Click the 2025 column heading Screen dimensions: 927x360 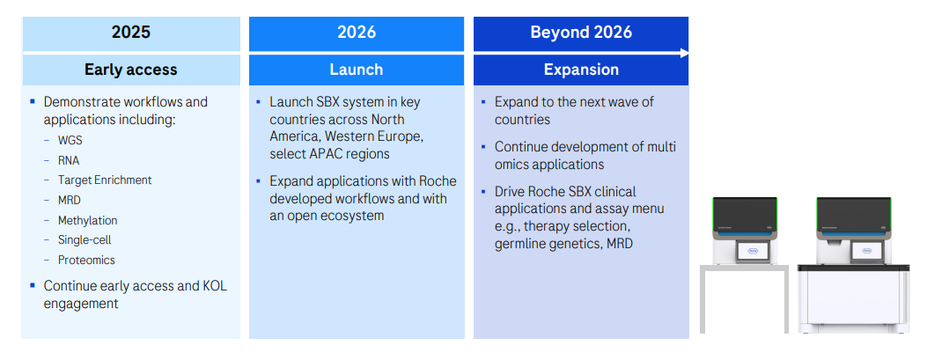pyautogui.click(x=130, y=32)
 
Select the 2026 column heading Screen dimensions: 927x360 pyautogui.click(x=357, y=32)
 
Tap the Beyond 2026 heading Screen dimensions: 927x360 pyautogui.click(x=581, y=32)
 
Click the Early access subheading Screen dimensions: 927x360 pyautogui.click(x=130, y=70)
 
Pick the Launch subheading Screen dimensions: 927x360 pyautogui.click(x=357, y=70)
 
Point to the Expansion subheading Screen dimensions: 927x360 pyautogui.click(x=581, y=70)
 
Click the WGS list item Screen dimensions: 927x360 pyautogui.click(x=70, y=141)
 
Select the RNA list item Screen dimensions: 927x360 pyautogui.click(x=69, y=160)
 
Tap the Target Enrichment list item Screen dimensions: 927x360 pyautogui.click(x=105, y=180)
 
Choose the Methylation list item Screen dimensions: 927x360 pyautogui.click(x=87, y=221)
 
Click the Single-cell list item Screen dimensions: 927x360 pyautogui.click(x=85, y=240)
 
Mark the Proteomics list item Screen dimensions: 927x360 pyautogui.click(x=86, y=261)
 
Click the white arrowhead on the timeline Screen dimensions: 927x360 pyautogui.click(x=684, y=53)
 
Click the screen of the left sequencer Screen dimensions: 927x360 pyautogui.click(x=753, y=251)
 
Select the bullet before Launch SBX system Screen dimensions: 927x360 pyautogui.click(x=258, y=102)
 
